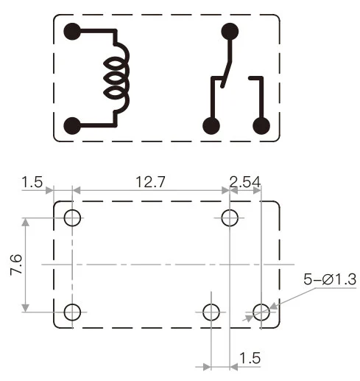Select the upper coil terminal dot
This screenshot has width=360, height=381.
tap(72, 32)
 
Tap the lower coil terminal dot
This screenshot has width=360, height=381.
tap(72, 125)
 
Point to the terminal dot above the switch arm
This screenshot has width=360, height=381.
tap(230, 32)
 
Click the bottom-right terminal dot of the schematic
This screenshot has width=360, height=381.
tap(261, 125)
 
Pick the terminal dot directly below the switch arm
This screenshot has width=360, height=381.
tap(212, 125)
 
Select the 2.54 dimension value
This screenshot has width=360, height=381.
tap(245, 180)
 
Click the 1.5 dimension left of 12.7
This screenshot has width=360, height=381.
tap(34, 180)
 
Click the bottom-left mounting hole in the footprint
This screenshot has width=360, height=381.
tap(72, 312)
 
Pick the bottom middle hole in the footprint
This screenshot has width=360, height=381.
tap(212, 312)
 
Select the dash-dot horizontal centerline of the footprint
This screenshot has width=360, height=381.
tap(162, 264)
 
